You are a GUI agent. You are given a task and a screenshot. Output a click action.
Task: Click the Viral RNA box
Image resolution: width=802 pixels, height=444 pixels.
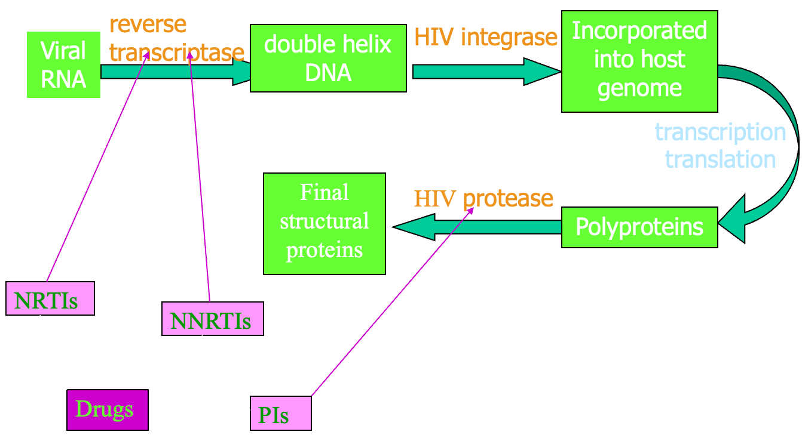tap(63, 64)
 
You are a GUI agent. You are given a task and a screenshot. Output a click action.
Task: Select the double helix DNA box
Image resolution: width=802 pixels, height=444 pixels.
tap(328, 58)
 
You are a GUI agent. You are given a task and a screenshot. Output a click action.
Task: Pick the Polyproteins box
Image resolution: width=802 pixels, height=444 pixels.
tap(639, 227)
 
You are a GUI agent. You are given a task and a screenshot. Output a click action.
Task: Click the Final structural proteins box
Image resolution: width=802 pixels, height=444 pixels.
tap(325, 223)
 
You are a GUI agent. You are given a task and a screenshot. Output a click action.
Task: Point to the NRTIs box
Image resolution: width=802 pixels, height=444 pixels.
tap(50, 298)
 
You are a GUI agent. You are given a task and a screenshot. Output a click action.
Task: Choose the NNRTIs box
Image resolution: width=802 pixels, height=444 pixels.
tap(212, 319)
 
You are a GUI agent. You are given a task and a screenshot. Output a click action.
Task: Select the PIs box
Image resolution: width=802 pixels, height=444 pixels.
tap(280, 412)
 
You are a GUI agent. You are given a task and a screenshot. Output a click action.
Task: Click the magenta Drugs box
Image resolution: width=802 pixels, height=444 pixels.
tap(108, 409)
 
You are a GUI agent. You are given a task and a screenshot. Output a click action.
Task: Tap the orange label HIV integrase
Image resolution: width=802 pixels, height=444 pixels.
tap(485, 37)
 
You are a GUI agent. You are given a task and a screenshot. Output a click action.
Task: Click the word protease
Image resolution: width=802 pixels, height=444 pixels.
tap(508, 198)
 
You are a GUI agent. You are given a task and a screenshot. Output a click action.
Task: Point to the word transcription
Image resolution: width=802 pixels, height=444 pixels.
tap(720, 132)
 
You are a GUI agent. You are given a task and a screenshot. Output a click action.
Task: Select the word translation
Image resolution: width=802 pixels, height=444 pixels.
tap(720, 159)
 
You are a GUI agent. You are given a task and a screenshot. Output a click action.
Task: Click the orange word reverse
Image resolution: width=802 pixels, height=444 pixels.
tap(148, 24)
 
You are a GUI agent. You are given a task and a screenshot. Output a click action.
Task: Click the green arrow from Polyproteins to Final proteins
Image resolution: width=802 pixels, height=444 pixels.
tap(478, 227)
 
